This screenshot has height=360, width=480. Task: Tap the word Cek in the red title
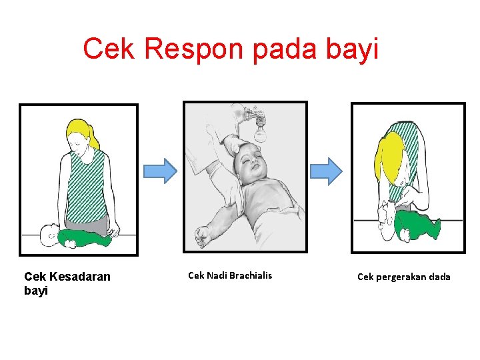tap(108, 48)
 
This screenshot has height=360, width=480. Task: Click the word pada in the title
tap(279, 49)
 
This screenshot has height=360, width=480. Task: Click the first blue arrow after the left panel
tap(161, 171)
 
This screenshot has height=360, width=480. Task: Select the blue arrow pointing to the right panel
tap(325, 171)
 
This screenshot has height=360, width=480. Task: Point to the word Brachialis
tap(250, 275)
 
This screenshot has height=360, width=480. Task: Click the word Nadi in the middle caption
tap(216, 275)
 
